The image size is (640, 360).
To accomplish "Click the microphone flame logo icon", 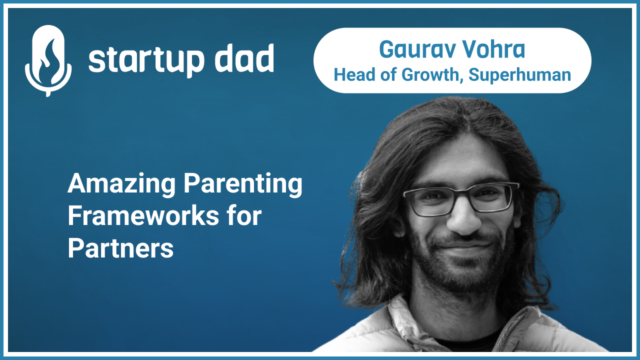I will pyautogui.click(x=48, y=60).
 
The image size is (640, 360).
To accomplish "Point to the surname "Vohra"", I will pyautogui.click(x=492, y=49).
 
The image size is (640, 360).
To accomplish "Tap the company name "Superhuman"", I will pyautogui.click(x=519, y=75).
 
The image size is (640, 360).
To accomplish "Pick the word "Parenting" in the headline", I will pyautogui.click(x=243, y=184).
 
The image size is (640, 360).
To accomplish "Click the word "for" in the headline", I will pyautogui.click(x=243, y=216).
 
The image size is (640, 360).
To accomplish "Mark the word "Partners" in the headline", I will pyautogui.click(x=120, y=248).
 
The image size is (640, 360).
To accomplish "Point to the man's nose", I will pyautogui.click(x=462, y=222).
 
